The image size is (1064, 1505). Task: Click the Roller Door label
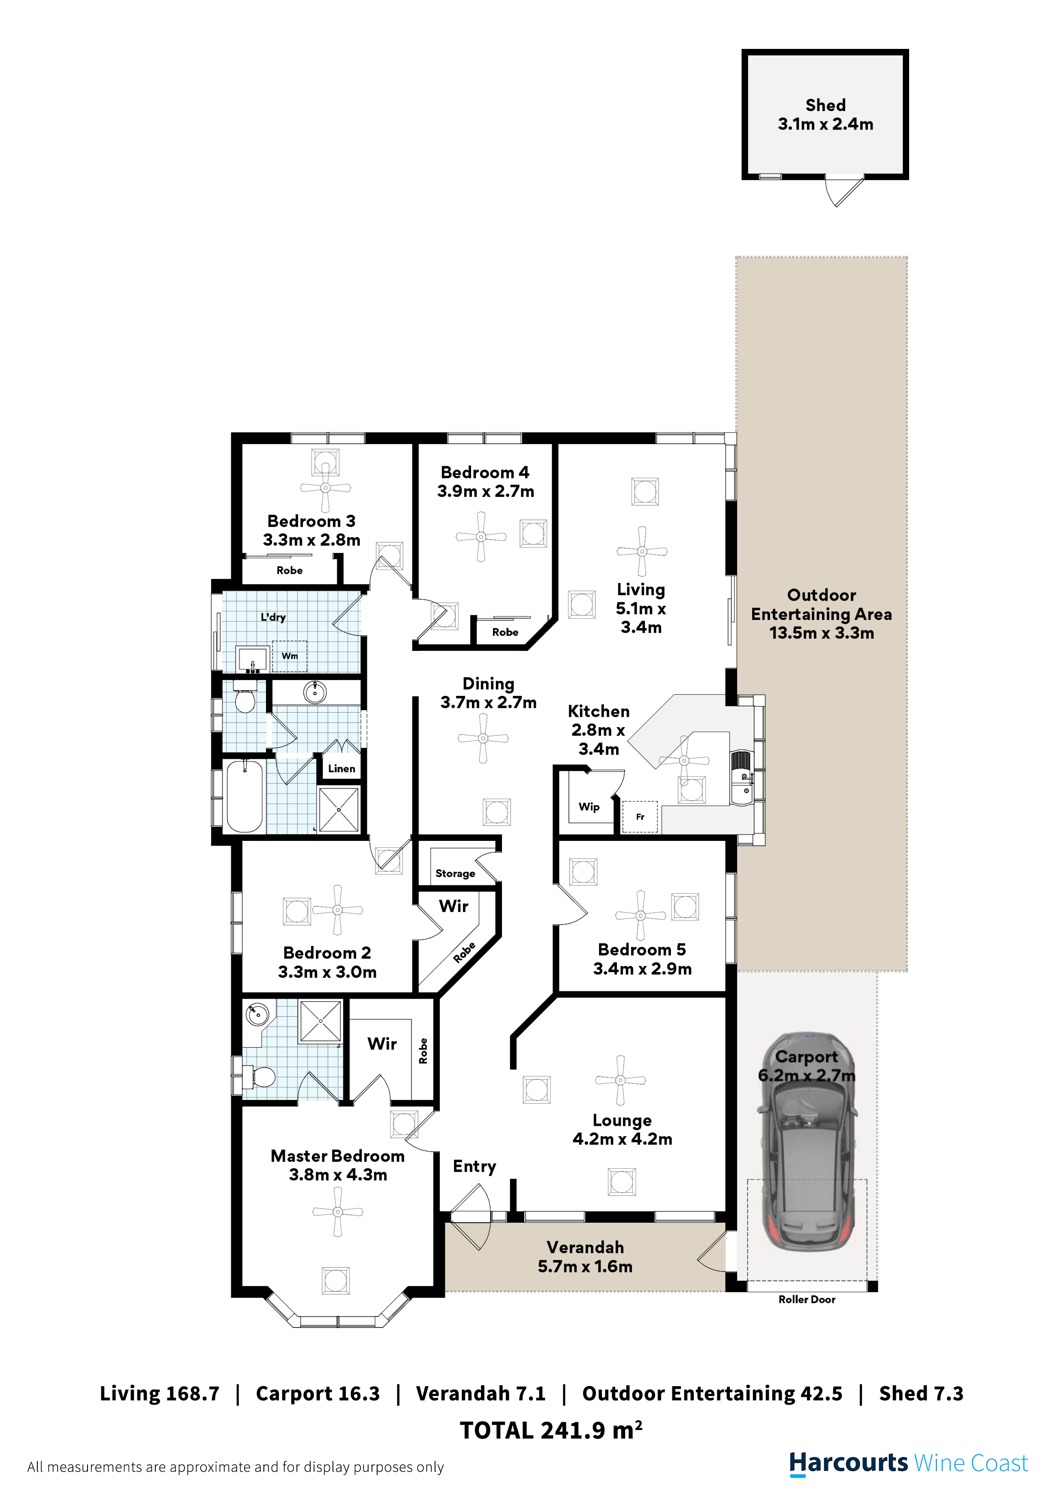[x=806, y=1299]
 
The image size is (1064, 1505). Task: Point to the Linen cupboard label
[x=341, y=768]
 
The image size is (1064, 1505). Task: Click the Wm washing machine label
[x=289, y=656]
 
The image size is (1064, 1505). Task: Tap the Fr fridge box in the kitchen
[x=640, y=817]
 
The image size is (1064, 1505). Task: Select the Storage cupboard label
[x=455, y=873]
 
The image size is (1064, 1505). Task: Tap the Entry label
[x=474, y=1166]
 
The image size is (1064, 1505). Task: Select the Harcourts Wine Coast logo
[x=908, y=1463]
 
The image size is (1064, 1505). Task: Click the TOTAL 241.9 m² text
[x=551, y=1430]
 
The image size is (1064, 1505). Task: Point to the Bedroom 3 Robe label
[x=289, y=570]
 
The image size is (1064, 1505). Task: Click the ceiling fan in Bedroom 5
[x=641, y=916]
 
